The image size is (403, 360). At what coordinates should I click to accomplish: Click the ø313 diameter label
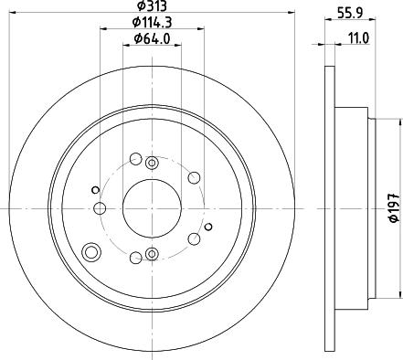pos(151,8)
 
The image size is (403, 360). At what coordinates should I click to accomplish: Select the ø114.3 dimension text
pos(151,22)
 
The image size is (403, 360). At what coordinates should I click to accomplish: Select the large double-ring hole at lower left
pos(90,252)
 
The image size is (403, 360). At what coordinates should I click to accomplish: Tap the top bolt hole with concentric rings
pos(152,162)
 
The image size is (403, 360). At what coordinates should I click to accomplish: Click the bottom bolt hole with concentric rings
pos(152,254)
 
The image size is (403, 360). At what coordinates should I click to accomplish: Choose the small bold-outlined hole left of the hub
pos(94,189)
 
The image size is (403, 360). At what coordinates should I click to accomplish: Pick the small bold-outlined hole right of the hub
pos(208,227)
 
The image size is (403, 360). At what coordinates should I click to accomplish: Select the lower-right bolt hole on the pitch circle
pos(193,238)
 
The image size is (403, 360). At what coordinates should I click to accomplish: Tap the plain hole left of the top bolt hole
pos(135,159)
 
